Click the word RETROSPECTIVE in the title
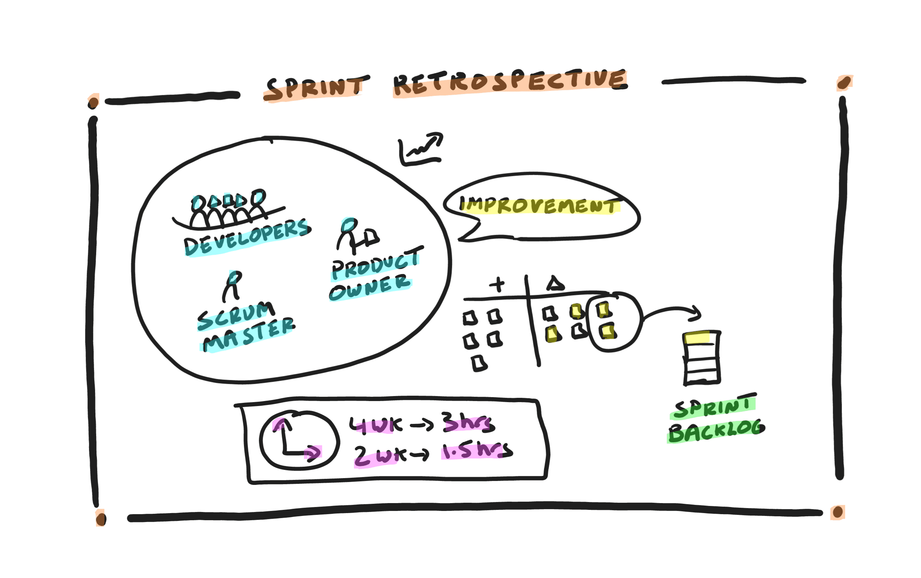(x=510, y=82)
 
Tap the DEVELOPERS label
(x=247, y=238)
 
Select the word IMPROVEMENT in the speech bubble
(x=539, y=206)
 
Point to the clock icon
(x=299, y=440)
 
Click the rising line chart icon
(x=420, y=149)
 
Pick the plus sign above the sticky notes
(x=497, y=284)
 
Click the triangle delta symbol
(x=555, y=283)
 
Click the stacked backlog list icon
(x=702, y=358)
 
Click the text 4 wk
(x=376, y=425)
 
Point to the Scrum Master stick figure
(x=232, y=285)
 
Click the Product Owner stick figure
(x=358, y=236)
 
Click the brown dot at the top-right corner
(x=844, y=82)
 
